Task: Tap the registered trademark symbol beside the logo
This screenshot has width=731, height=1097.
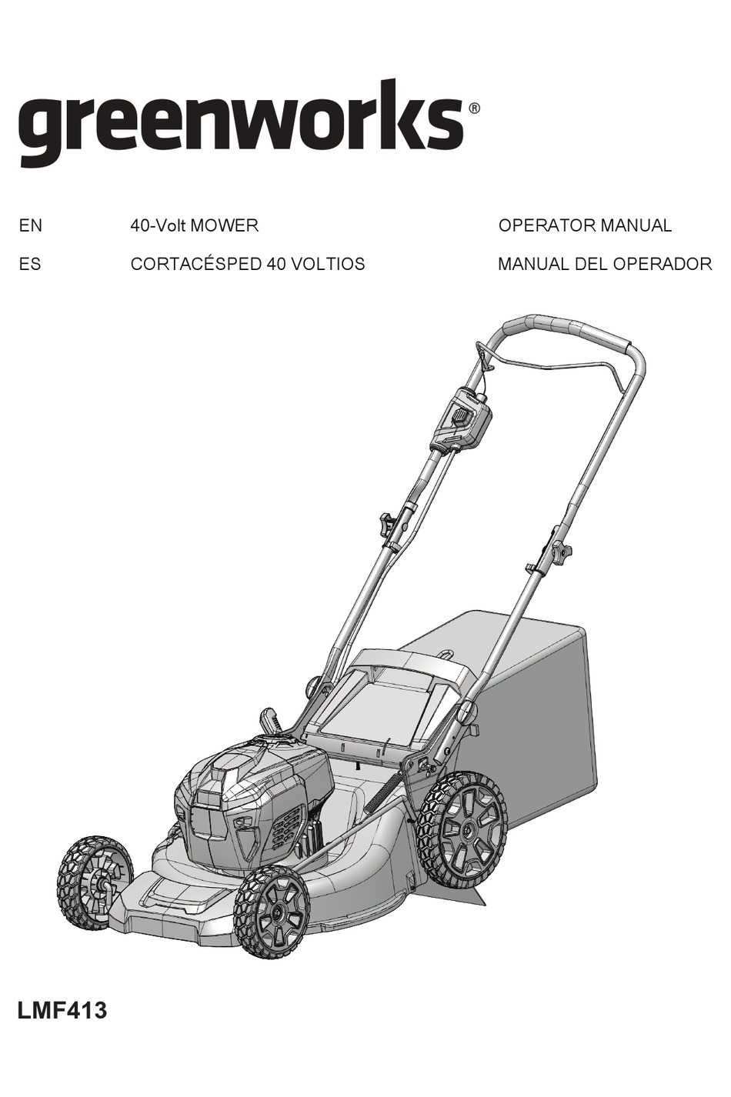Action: [474, 108]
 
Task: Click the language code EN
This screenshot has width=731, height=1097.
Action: [31, 226]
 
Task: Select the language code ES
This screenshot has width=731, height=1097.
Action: [30, 265]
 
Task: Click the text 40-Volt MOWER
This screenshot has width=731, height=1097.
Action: [194, 226]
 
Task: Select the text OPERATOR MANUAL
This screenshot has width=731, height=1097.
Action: [585, 226]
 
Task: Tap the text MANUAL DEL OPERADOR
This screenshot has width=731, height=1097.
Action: [605, 265]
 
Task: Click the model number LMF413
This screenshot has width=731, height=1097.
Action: [62, 1010]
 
